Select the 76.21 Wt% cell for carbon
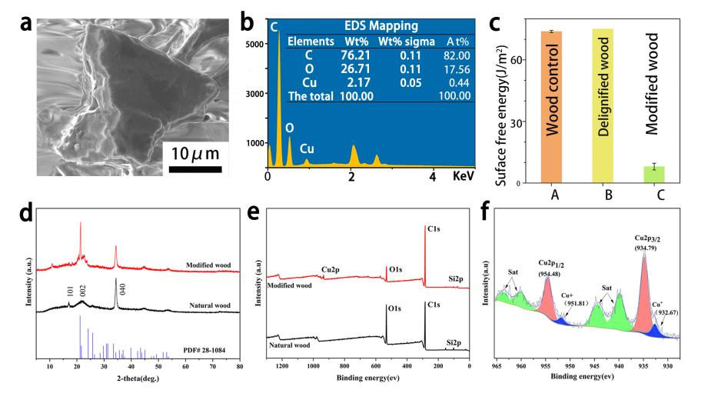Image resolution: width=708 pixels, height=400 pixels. tap(356, 55)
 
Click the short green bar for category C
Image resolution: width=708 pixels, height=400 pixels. tap(654, 175)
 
